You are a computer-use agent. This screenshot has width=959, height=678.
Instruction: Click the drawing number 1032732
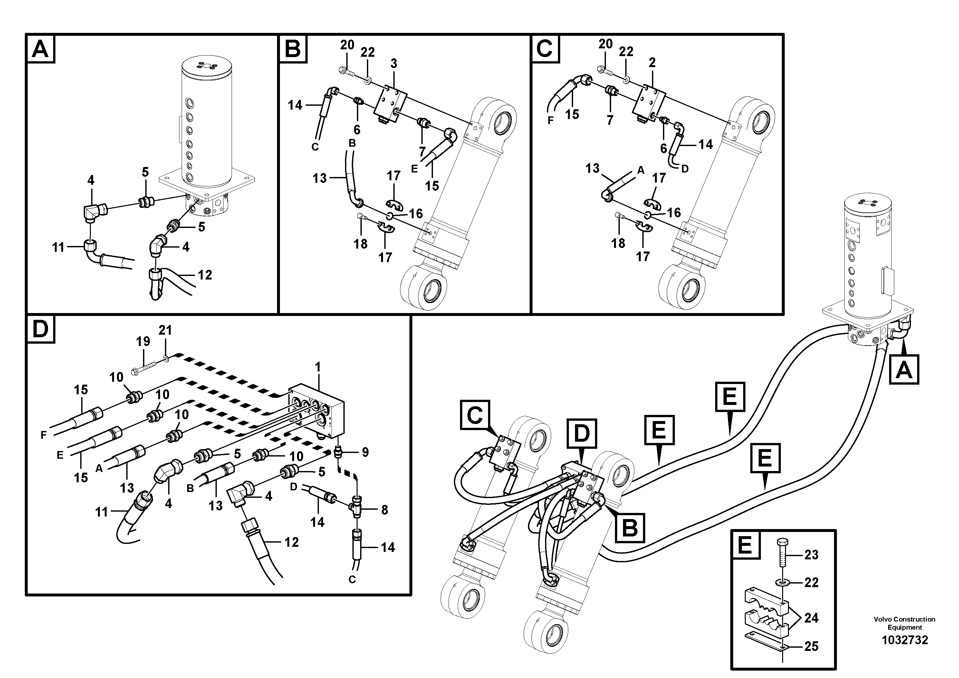click(x=904, y=640)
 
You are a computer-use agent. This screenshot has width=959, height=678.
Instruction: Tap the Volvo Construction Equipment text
click(x=904, y=623)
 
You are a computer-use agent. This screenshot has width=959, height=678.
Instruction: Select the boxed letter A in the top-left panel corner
click(x=41, y=49)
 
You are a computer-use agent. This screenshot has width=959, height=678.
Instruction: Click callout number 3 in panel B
click(x=393, y=64)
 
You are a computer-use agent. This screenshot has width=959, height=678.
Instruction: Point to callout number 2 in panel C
click(x=652, y=63)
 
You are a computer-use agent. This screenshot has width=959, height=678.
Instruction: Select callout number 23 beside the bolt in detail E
click(x=811, y=555)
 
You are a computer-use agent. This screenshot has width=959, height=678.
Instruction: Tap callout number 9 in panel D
click(x=365, y=452)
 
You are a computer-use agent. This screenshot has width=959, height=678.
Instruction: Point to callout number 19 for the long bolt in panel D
click(x=143, y=341)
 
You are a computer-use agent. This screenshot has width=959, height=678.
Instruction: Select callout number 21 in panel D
click(x=165, y=330)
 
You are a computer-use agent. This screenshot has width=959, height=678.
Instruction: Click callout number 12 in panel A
click(x=205, y=275)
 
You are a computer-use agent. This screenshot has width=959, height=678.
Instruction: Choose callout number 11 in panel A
click(x=58, y=248)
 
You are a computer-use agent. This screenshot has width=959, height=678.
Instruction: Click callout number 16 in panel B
click(x=416, y=214)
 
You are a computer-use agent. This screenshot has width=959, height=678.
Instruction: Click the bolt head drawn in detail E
click(x=782, y=544)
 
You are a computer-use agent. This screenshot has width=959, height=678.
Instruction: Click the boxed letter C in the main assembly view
click(x=475, y=415)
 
